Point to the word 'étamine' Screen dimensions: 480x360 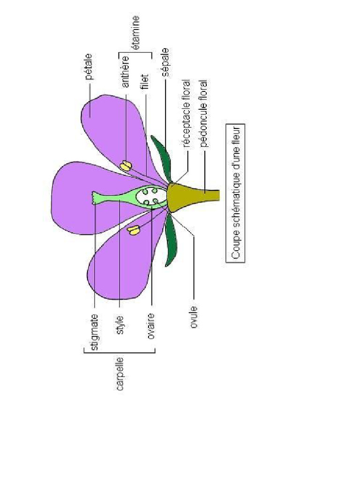(135, 32)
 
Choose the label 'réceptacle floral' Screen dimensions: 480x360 (186, 113)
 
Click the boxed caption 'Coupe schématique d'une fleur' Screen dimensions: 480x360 (236, 193)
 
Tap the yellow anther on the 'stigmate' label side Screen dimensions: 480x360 (134, 230)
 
